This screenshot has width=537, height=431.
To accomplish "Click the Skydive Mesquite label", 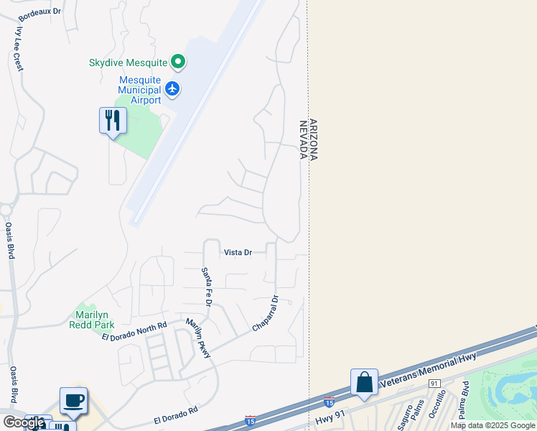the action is click(x=128, y=63).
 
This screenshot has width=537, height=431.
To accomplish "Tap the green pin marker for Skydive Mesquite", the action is click(x=178, y=63).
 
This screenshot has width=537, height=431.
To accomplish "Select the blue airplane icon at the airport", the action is click(x=172, y=89).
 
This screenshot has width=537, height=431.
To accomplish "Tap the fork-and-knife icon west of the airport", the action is click(x=113, y=120).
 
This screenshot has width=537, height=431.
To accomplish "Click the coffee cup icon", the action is click(x=73, y=400).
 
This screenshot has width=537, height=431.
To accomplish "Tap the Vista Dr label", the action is click(x=238, y=252).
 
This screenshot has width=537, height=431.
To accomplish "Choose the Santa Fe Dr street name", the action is click(x=207, y=287).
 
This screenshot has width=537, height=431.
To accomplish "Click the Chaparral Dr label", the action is click(x=265, y=314).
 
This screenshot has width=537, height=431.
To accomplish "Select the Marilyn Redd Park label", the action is click(x=91, y=320).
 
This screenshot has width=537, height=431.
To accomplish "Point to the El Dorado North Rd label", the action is click(x=134, y=331).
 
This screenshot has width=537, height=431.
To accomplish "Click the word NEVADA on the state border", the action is click(x=303, y=139).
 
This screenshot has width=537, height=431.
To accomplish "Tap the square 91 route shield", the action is click(x=434, y=384).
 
